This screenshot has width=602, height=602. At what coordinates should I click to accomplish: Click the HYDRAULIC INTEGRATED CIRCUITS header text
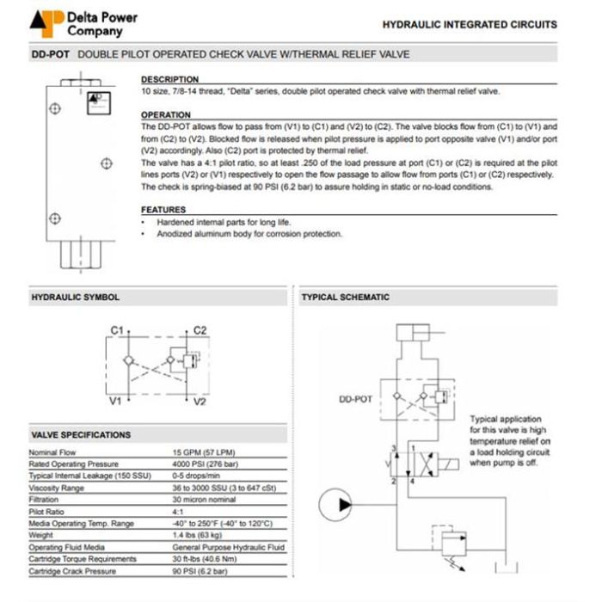469,25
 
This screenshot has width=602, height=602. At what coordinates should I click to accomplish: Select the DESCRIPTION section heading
169,80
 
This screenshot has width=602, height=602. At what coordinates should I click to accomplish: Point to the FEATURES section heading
163,210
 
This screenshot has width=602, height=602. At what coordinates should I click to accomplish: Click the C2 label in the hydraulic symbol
200,330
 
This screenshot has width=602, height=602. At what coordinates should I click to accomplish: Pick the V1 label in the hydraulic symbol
115,401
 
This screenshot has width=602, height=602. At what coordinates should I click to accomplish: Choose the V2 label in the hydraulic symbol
200,401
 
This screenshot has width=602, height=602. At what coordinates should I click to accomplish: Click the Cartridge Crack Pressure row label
73,571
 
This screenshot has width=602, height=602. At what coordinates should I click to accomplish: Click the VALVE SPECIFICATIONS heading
80,434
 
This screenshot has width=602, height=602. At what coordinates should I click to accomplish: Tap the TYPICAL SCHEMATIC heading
345,298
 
